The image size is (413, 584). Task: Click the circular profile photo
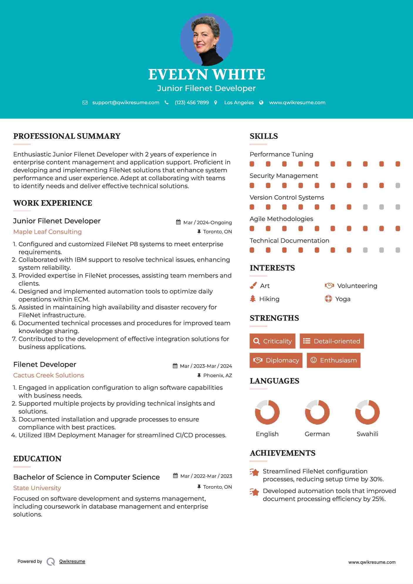(206, 39)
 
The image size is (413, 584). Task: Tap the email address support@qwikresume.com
(126, 102)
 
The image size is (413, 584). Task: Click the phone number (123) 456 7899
(192, 102)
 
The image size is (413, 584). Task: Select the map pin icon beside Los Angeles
(216, 102)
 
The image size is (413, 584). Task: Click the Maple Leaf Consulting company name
(48, 232)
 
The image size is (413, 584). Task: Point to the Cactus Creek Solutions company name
(49, 375)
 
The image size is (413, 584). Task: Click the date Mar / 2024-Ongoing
(207, 222)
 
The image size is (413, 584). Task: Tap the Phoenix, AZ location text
(218, 375)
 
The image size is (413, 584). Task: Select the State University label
(37, 488)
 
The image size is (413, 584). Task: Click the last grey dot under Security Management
(398, 185)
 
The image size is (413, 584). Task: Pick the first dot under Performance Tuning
(252, 164)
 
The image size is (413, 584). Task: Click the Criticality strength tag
(272, 341)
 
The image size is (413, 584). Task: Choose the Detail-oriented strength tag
(332, 341)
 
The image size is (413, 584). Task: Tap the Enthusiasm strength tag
(333, 360)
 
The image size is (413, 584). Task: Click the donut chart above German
(317, 412)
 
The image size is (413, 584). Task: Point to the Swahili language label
(367, 434)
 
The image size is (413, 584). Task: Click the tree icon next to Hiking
(253, 299)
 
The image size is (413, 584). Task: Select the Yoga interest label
(343, 299)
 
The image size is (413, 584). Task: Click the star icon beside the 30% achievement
(254, 472)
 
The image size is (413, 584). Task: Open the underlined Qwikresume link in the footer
(72, 561)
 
